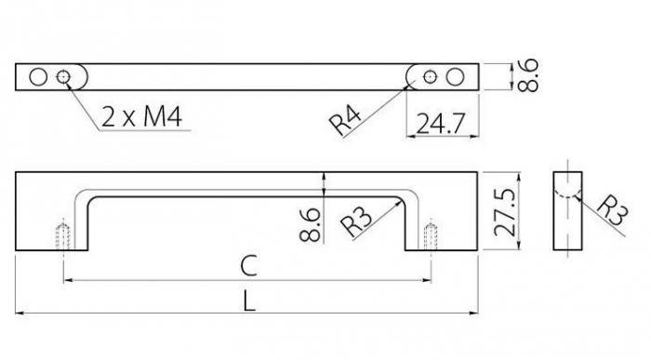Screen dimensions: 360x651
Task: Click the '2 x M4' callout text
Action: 140,117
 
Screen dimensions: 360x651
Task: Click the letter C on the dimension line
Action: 247,266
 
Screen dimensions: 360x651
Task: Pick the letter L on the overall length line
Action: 247,302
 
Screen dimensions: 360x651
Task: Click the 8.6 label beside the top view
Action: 529,75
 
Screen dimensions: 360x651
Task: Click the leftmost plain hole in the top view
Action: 37,76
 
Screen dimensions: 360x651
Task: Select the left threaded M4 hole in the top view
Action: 64,76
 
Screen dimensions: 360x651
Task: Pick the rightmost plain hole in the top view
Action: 455,76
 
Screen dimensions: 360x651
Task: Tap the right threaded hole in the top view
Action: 428,76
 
